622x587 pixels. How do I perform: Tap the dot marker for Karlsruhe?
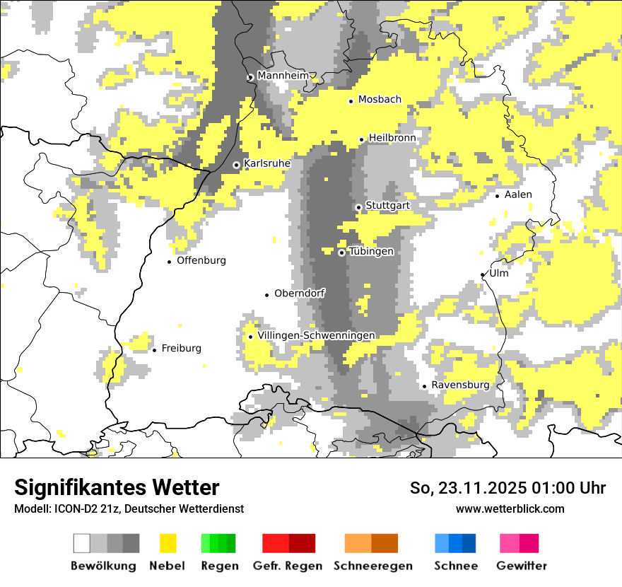point(237,165)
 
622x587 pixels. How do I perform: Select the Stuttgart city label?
point(387,206)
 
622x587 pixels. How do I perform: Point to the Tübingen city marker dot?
point(341,252)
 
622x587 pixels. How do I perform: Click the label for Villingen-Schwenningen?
point(316,335)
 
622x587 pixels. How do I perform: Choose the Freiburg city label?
point(181,348)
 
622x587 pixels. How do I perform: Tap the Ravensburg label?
point(460,385)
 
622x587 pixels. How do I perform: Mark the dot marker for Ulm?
point(483,275)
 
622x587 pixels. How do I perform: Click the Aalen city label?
point(518,194)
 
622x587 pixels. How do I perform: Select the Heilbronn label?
point(392,138)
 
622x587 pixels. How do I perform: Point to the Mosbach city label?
point(380,100)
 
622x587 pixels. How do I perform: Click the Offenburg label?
point(201,260)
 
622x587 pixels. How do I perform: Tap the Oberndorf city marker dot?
point(266,294)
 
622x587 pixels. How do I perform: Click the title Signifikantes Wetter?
point(117,488)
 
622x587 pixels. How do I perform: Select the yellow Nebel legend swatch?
point(168,543)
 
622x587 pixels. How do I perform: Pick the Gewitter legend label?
point(521,566)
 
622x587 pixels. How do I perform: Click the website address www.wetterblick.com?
point(510,508)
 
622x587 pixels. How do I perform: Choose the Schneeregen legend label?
point(372,566)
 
